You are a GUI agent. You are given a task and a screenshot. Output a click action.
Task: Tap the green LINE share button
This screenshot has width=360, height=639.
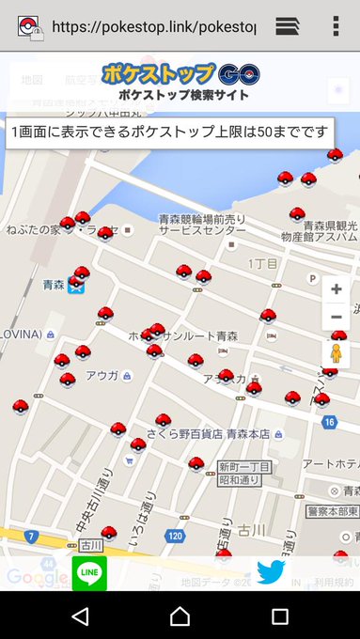[89, 573]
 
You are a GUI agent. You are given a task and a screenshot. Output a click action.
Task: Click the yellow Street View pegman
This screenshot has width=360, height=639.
[336, 354]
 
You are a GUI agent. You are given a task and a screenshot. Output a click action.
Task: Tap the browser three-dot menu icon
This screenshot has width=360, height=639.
[336, 25]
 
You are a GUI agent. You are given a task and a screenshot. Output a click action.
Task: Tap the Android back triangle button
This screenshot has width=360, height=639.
[80, 616]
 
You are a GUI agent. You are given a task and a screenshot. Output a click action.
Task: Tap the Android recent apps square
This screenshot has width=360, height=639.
[279, 616]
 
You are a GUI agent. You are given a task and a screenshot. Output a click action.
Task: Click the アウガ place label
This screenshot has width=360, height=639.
[102, 375]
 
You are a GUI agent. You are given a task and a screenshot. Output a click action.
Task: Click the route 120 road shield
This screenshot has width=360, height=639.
[175, 536]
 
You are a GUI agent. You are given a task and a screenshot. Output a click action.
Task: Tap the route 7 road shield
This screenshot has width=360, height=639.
[32, 537]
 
